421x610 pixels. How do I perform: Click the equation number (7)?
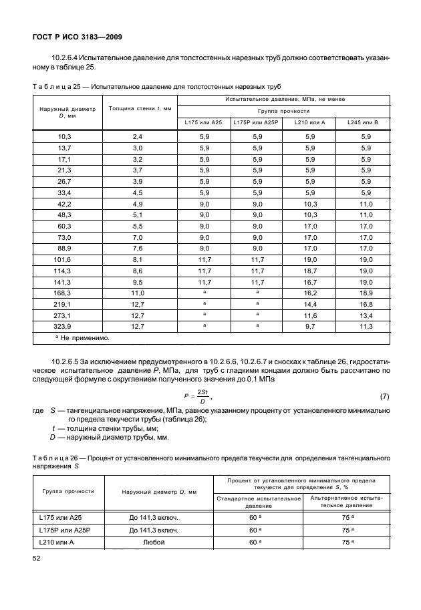pyautogui.click(x=384, y=396)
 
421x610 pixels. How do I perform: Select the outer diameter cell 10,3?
pyautogui.click(x=65, y=136)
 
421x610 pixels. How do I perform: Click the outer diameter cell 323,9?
pyautogui.click(x=65, y=327)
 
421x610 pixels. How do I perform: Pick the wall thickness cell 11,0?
pyautogui.click(x=138, y=292)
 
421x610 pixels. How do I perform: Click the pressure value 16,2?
pyautogui.click(x=309, y=292)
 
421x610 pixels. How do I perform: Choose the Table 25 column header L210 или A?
pyautogui.click(x=309, y=123)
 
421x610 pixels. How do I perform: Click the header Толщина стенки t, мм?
pyautogui.click(x=140, y=108)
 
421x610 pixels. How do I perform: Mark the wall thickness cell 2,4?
pyautogui.click(x=138, y=136)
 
